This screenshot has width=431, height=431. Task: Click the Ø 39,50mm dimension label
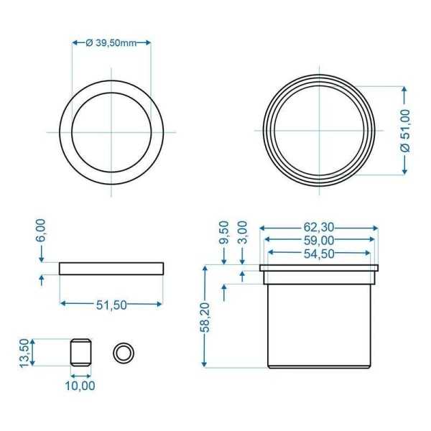point(111,42)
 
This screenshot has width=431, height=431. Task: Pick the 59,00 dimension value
point(318,241)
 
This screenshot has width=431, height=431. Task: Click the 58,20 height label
point(206,316)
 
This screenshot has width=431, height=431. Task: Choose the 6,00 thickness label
point(41,232)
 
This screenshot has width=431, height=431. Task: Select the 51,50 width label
point(111,304)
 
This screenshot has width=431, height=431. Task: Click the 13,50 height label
point(24,353)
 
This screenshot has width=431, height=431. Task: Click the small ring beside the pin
point(124,353)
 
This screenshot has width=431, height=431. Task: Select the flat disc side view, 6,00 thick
point(111,269)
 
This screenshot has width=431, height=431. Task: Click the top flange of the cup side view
point(318,268)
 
